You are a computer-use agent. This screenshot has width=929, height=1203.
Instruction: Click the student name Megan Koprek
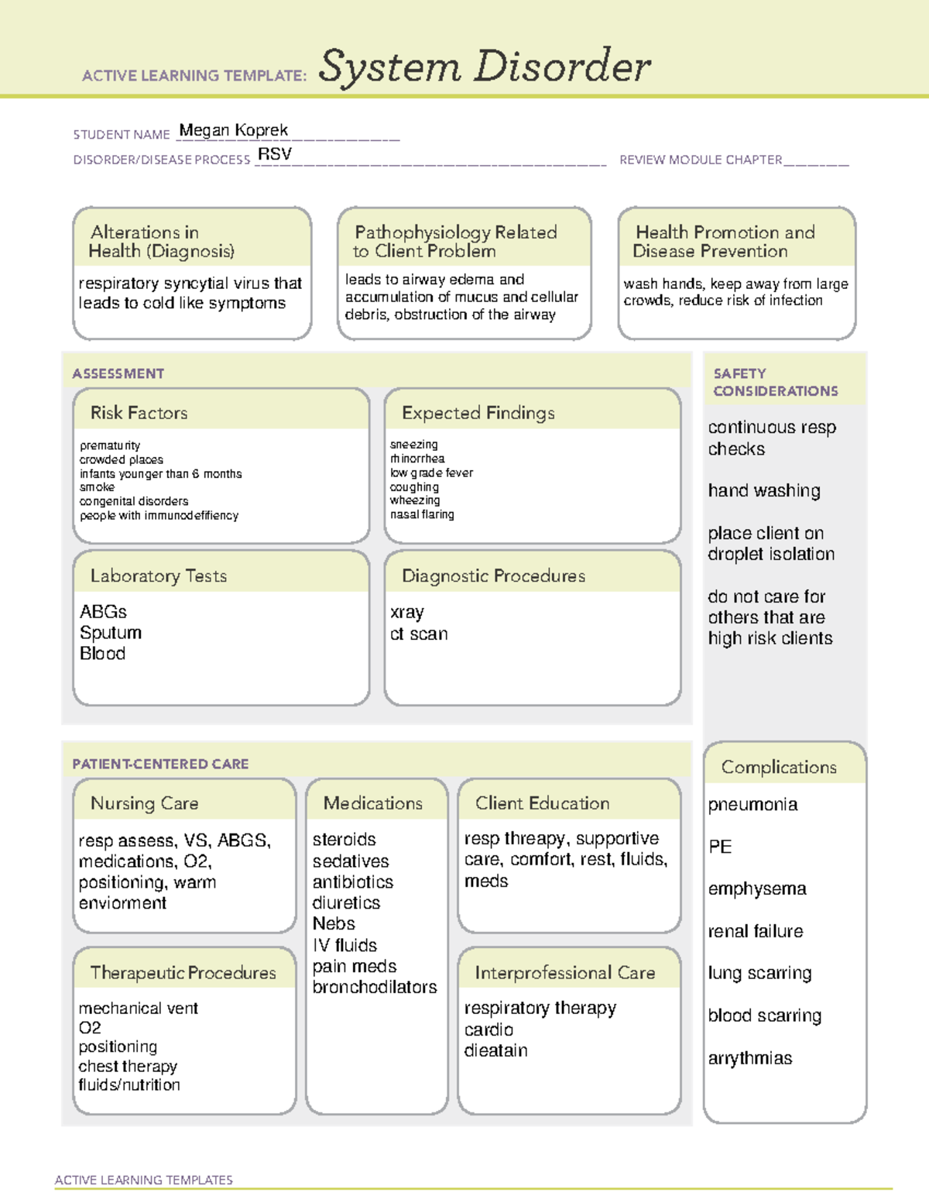233,130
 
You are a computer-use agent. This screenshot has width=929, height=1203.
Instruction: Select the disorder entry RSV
275,154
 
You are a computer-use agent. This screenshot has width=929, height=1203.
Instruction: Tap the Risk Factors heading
139,413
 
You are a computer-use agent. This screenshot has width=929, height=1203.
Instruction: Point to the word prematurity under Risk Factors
110,445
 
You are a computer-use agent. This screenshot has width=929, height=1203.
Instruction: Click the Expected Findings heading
478,413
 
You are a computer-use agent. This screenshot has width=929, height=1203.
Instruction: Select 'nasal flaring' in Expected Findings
422,514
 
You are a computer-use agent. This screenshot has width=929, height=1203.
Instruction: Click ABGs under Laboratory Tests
103,611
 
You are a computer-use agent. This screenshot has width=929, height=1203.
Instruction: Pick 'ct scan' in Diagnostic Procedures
419,634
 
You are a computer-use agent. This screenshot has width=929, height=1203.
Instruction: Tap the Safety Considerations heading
775,382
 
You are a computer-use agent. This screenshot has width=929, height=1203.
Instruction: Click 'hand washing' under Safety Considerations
764,490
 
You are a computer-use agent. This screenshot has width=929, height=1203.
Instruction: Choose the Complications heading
779,767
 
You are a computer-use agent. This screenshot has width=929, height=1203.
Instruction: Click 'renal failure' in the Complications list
756,931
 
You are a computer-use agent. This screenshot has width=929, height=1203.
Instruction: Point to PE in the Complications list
720,847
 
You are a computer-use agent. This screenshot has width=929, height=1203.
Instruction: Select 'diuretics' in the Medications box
346,902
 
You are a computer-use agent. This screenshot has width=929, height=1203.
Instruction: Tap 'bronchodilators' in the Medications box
375,987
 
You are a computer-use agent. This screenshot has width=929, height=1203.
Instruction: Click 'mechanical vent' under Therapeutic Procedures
139,1008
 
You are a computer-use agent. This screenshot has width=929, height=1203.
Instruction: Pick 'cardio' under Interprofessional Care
488,1029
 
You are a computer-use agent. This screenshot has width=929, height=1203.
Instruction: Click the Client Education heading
542,803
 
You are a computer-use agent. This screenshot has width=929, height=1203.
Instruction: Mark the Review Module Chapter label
701,160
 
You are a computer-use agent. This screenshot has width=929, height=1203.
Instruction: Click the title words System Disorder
485,67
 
